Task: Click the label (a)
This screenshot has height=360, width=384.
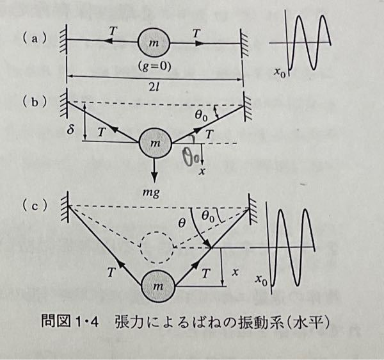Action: (x=31, y=38)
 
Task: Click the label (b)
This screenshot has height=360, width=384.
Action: (x=31, y=101)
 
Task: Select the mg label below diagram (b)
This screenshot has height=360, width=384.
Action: (x=156, y=190)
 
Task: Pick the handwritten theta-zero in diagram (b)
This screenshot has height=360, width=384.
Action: (x=192, y=154)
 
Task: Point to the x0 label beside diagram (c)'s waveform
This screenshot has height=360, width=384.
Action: (x=261, y=279)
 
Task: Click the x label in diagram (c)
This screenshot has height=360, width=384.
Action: (x=235, y=272)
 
